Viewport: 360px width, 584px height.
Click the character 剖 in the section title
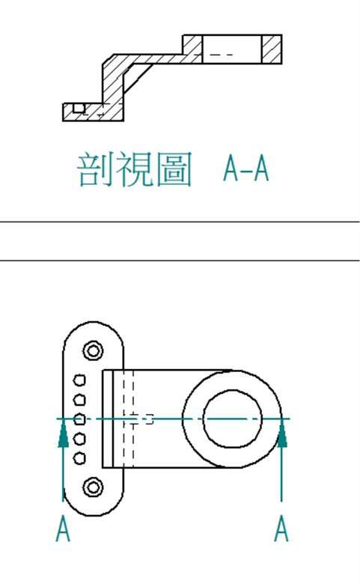point(93,169)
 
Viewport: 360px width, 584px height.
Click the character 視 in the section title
point(133,169)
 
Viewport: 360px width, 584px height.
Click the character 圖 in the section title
point(174,169)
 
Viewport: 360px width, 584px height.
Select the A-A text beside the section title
point(245,168)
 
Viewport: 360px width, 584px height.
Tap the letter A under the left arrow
point(63,528)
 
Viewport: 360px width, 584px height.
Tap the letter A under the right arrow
point(281,528)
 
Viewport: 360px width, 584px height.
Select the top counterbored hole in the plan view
point(93,350)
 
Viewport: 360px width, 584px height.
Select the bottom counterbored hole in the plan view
point(93,487)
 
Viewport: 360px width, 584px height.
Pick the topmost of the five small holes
point(79,380)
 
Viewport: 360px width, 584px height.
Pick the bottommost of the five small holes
point(79,458)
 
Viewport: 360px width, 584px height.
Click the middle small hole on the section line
point(79,419)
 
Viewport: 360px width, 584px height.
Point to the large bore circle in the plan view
point(204,419)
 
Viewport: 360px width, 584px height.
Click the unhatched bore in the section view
point(232,49)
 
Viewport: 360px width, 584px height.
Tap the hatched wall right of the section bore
point(272,49)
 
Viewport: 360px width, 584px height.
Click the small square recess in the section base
point(79,108)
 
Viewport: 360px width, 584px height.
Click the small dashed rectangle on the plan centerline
point(149,419)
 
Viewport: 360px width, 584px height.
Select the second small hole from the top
point(79,400)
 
